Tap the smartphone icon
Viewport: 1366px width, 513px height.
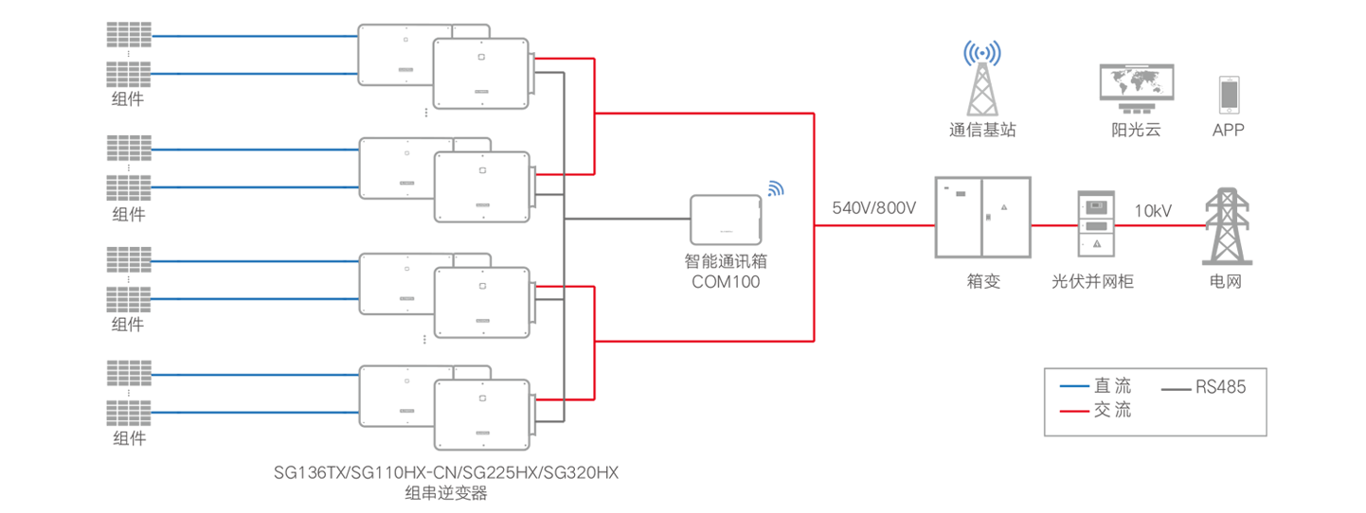pyautogui.click(x=1229, y=96)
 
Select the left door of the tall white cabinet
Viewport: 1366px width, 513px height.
pyautogui.click(x=959, y=217)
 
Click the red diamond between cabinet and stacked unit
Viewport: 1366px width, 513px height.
pyautogui.click(x=1054, y=228)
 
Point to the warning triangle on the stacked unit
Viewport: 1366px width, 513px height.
pyautogui.click(x=1096, y=244)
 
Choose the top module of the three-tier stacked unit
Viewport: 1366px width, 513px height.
pyautogui.click(x=1096, y=205)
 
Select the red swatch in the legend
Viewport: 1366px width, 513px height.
pyautogui.click(x=1072, y=408)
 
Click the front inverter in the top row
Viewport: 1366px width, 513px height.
pyautogui.click(x=480, y=73)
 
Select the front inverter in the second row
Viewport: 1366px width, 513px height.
pyautogui.click(x=480, y=186)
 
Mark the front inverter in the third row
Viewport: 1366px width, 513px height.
pyautogui.click(x=480, y=302)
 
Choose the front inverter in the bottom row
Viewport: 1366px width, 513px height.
pyautogui.click(x=480, y=414)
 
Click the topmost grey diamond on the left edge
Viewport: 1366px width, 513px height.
pyautogui.click(x=129, y=54)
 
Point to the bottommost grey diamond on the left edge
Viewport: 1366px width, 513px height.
pyautogui.click(x=129, y=393)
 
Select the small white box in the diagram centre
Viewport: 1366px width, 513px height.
pyautogui.click(x=726, y=220)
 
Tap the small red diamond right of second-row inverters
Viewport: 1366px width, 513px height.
pyautogui.click(x=548, y=173)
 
